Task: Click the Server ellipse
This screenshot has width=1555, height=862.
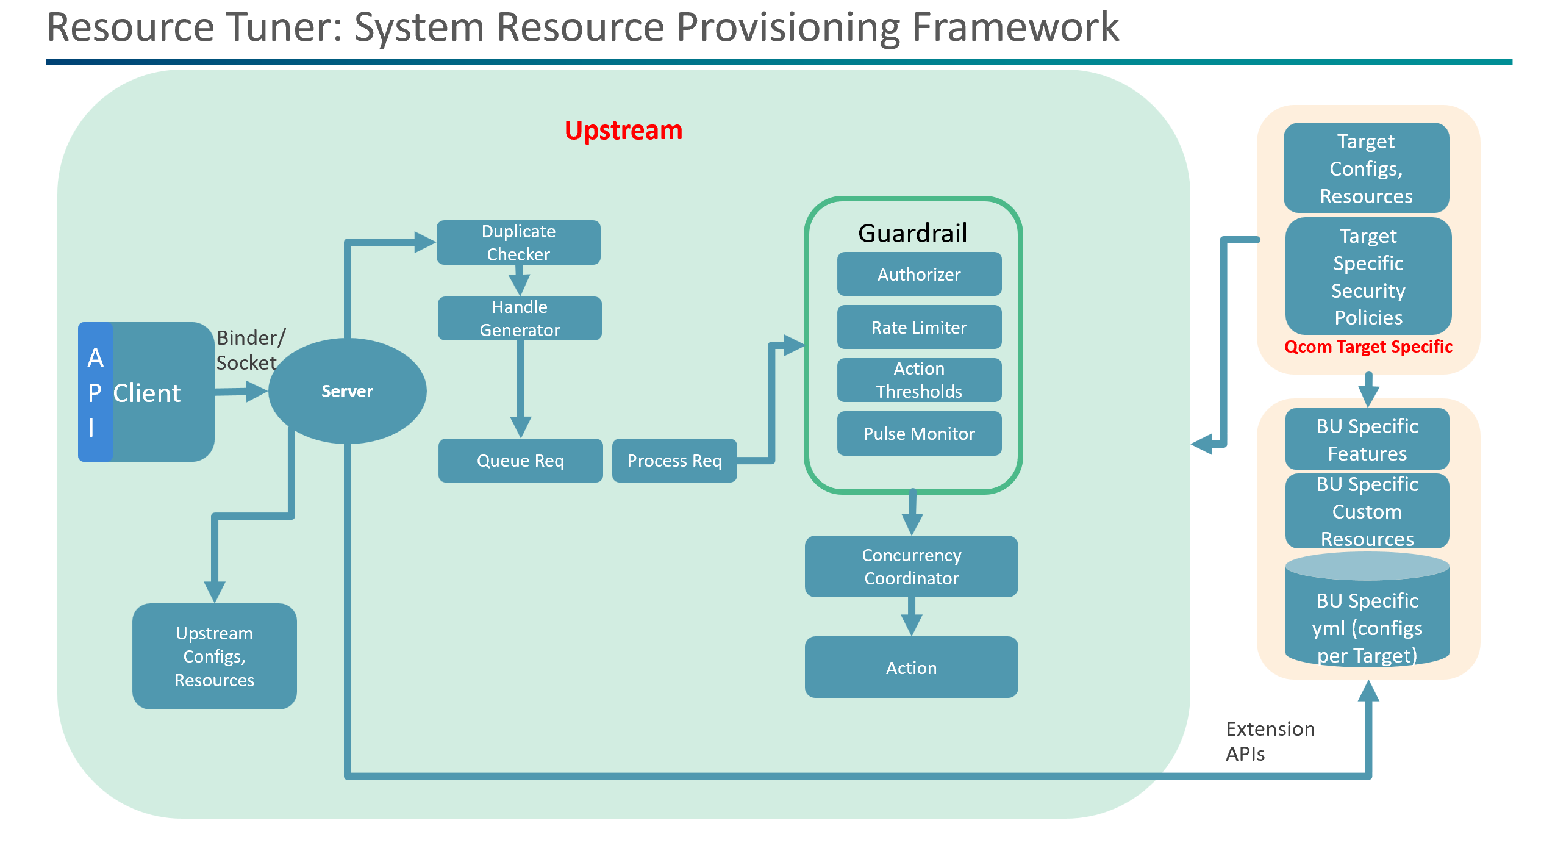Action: tap(347, 391)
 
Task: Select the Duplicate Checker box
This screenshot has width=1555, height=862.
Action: tap(518, 242)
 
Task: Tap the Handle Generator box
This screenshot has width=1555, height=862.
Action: tap(520, 318)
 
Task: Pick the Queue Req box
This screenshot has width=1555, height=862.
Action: tap(520, 461)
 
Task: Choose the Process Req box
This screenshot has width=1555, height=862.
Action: tap(674, 461)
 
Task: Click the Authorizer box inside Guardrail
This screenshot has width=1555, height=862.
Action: tap(919, 275)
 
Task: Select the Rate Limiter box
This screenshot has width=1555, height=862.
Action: tap(919, 328)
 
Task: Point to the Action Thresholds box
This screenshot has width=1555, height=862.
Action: tap(919, 380)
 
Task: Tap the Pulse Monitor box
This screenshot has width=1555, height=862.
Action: tap(919, 434)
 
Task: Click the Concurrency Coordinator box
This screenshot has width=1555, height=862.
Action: tap(911, 566)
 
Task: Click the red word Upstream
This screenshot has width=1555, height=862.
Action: tap(623, 131)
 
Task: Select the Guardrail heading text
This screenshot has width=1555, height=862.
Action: tap(912, 233)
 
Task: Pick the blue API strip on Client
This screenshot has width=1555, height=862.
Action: tap(95, 392)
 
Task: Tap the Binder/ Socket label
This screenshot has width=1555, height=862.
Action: tap(249, 350)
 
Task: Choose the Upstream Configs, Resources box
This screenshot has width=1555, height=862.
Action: tap(214, 656)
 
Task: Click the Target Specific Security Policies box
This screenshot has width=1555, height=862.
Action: tap(1368, 276)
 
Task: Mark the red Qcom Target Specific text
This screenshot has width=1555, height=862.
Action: tap(1368, 347)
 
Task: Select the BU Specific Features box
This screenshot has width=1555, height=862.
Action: tap(1367, 439)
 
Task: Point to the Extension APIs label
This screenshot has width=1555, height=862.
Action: tap(1270, 741)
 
